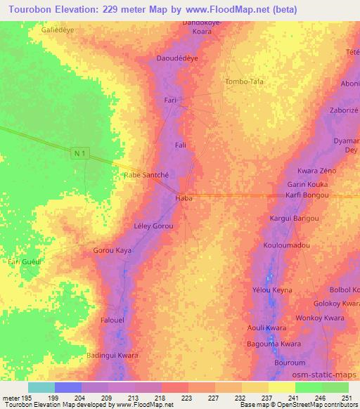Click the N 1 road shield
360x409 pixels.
(x=82, y=152)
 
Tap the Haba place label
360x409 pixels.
(x=184, y=199)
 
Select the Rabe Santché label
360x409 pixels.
(x=146, y=176)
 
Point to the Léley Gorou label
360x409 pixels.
(x=153, y=227)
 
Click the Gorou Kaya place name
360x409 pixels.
(x=112, y=250)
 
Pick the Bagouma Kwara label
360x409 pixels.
(x=274, y=344)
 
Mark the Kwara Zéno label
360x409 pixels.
(x=316, y=171)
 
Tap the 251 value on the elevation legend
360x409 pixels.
(x=347, y=397)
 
